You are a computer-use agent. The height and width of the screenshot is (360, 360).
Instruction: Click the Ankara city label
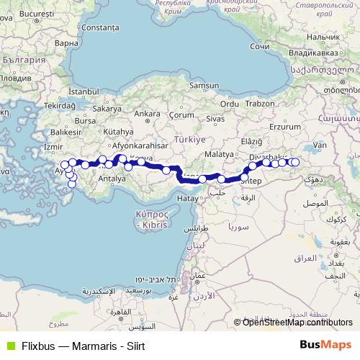(147, 114)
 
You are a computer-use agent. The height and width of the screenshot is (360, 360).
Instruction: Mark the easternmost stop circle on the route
(294, 163)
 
